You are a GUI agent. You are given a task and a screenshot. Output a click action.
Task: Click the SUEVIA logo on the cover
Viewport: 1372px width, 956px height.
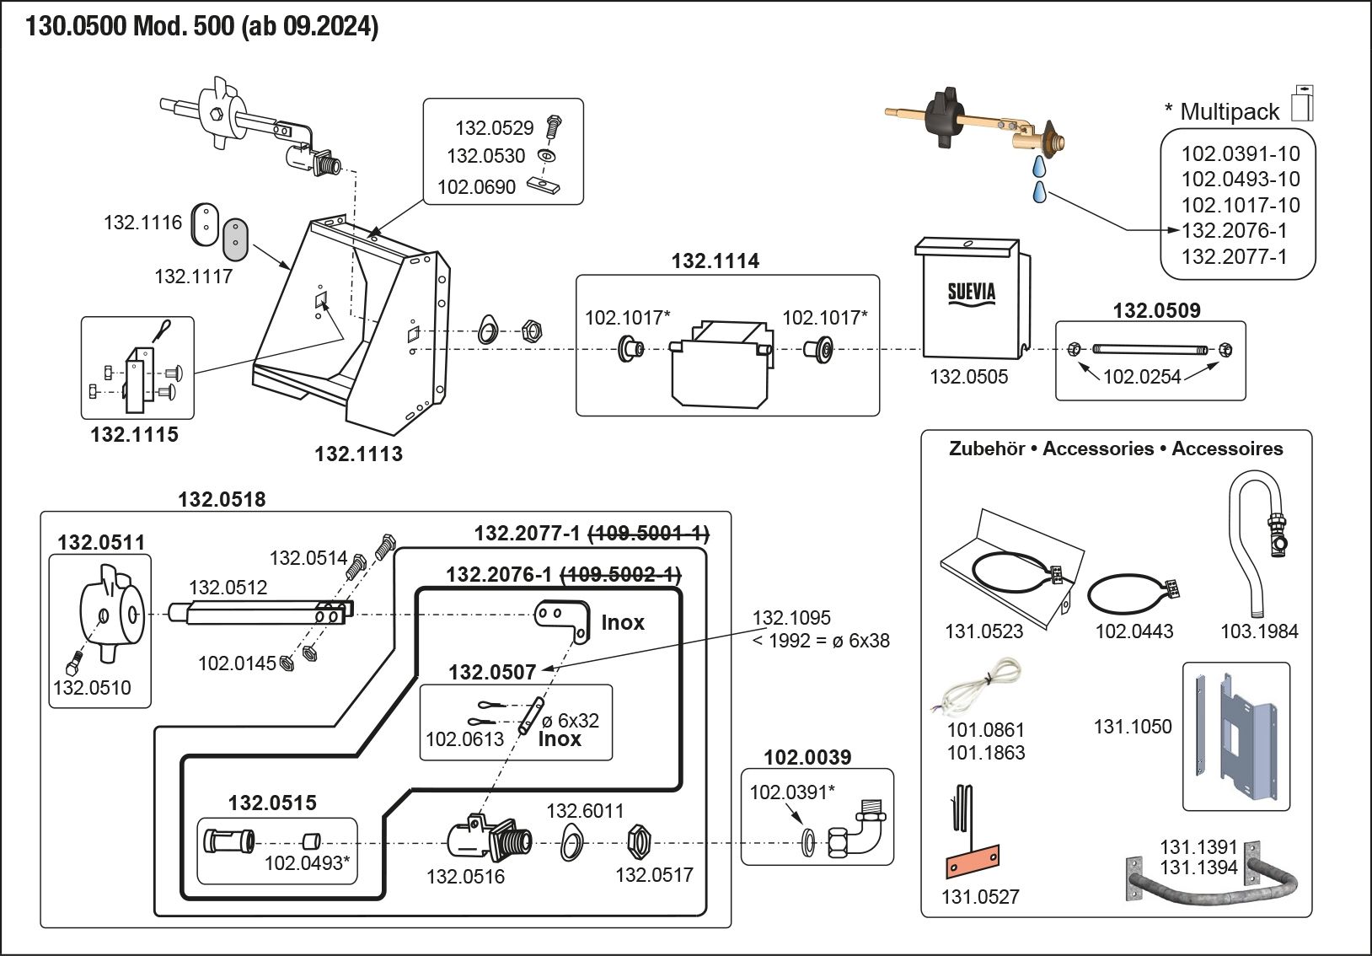971,293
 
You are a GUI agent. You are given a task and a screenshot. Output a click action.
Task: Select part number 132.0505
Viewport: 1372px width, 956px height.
968,377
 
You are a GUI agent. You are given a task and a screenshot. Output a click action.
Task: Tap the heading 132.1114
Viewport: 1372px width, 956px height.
715,261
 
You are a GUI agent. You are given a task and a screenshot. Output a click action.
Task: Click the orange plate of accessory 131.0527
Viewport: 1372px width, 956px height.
972,862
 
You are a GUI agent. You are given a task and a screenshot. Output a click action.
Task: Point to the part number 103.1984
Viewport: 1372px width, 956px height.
1259,631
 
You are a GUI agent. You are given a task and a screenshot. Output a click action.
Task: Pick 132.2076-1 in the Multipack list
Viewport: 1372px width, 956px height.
1234,231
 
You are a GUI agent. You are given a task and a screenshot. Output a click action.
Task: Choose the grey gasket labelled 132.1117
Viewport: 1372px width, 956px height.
236,239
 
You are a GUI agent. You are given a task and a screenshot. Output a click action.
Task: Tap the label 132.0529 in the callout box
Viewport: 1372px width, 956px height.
494,128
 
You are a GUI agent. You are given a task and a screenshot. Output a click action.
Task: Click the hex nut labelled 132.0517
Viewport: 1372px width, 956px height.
639,841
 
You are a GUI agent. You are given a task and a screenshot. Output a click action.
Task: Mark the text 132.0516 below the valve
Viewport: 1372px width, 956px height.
465,877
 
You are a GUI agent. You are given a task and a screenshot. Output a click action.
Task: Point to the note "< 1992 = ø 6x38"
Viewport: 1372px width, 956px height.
820,641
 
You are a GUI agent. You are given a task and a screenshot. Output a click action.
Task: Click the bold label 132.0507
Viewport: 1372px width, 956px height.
492,673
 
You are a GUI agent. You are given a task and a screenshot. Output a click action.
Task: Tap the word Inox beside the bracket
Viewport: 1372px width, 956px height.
622,623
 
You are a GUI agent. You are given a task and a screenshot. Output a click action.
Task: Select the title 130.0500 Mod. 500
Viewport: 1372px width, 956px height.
130,26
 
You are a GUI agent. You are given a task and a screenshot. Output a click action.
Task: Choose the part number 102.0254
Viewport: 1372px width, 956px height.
1141,377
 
